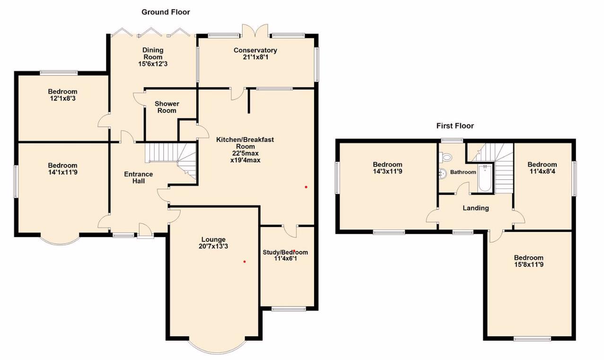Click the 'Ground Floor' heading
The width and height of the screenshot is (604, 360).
[x=166, y=12]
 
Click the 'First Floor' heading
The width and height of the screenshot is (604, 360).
[x=455, y=126]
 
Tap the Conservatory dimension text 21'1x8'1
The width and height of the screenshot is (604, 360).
[x=255, y=58]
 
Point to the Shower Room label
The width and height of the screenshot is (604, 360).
[x=167, y=107]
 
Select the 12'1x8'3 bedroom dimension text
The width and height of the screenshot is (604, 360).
[x=62, y=99]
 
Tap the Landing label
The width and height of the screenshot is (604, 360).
[x=475, y=208]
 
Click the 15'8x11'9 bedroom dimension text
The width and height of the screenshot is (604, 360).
[x=529, y=265]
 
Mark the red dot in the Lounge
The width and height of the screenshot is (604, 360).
[x=245, y=262]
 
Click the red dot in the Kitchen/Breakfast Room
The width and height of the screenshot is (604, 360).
[x=306, y=187]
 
